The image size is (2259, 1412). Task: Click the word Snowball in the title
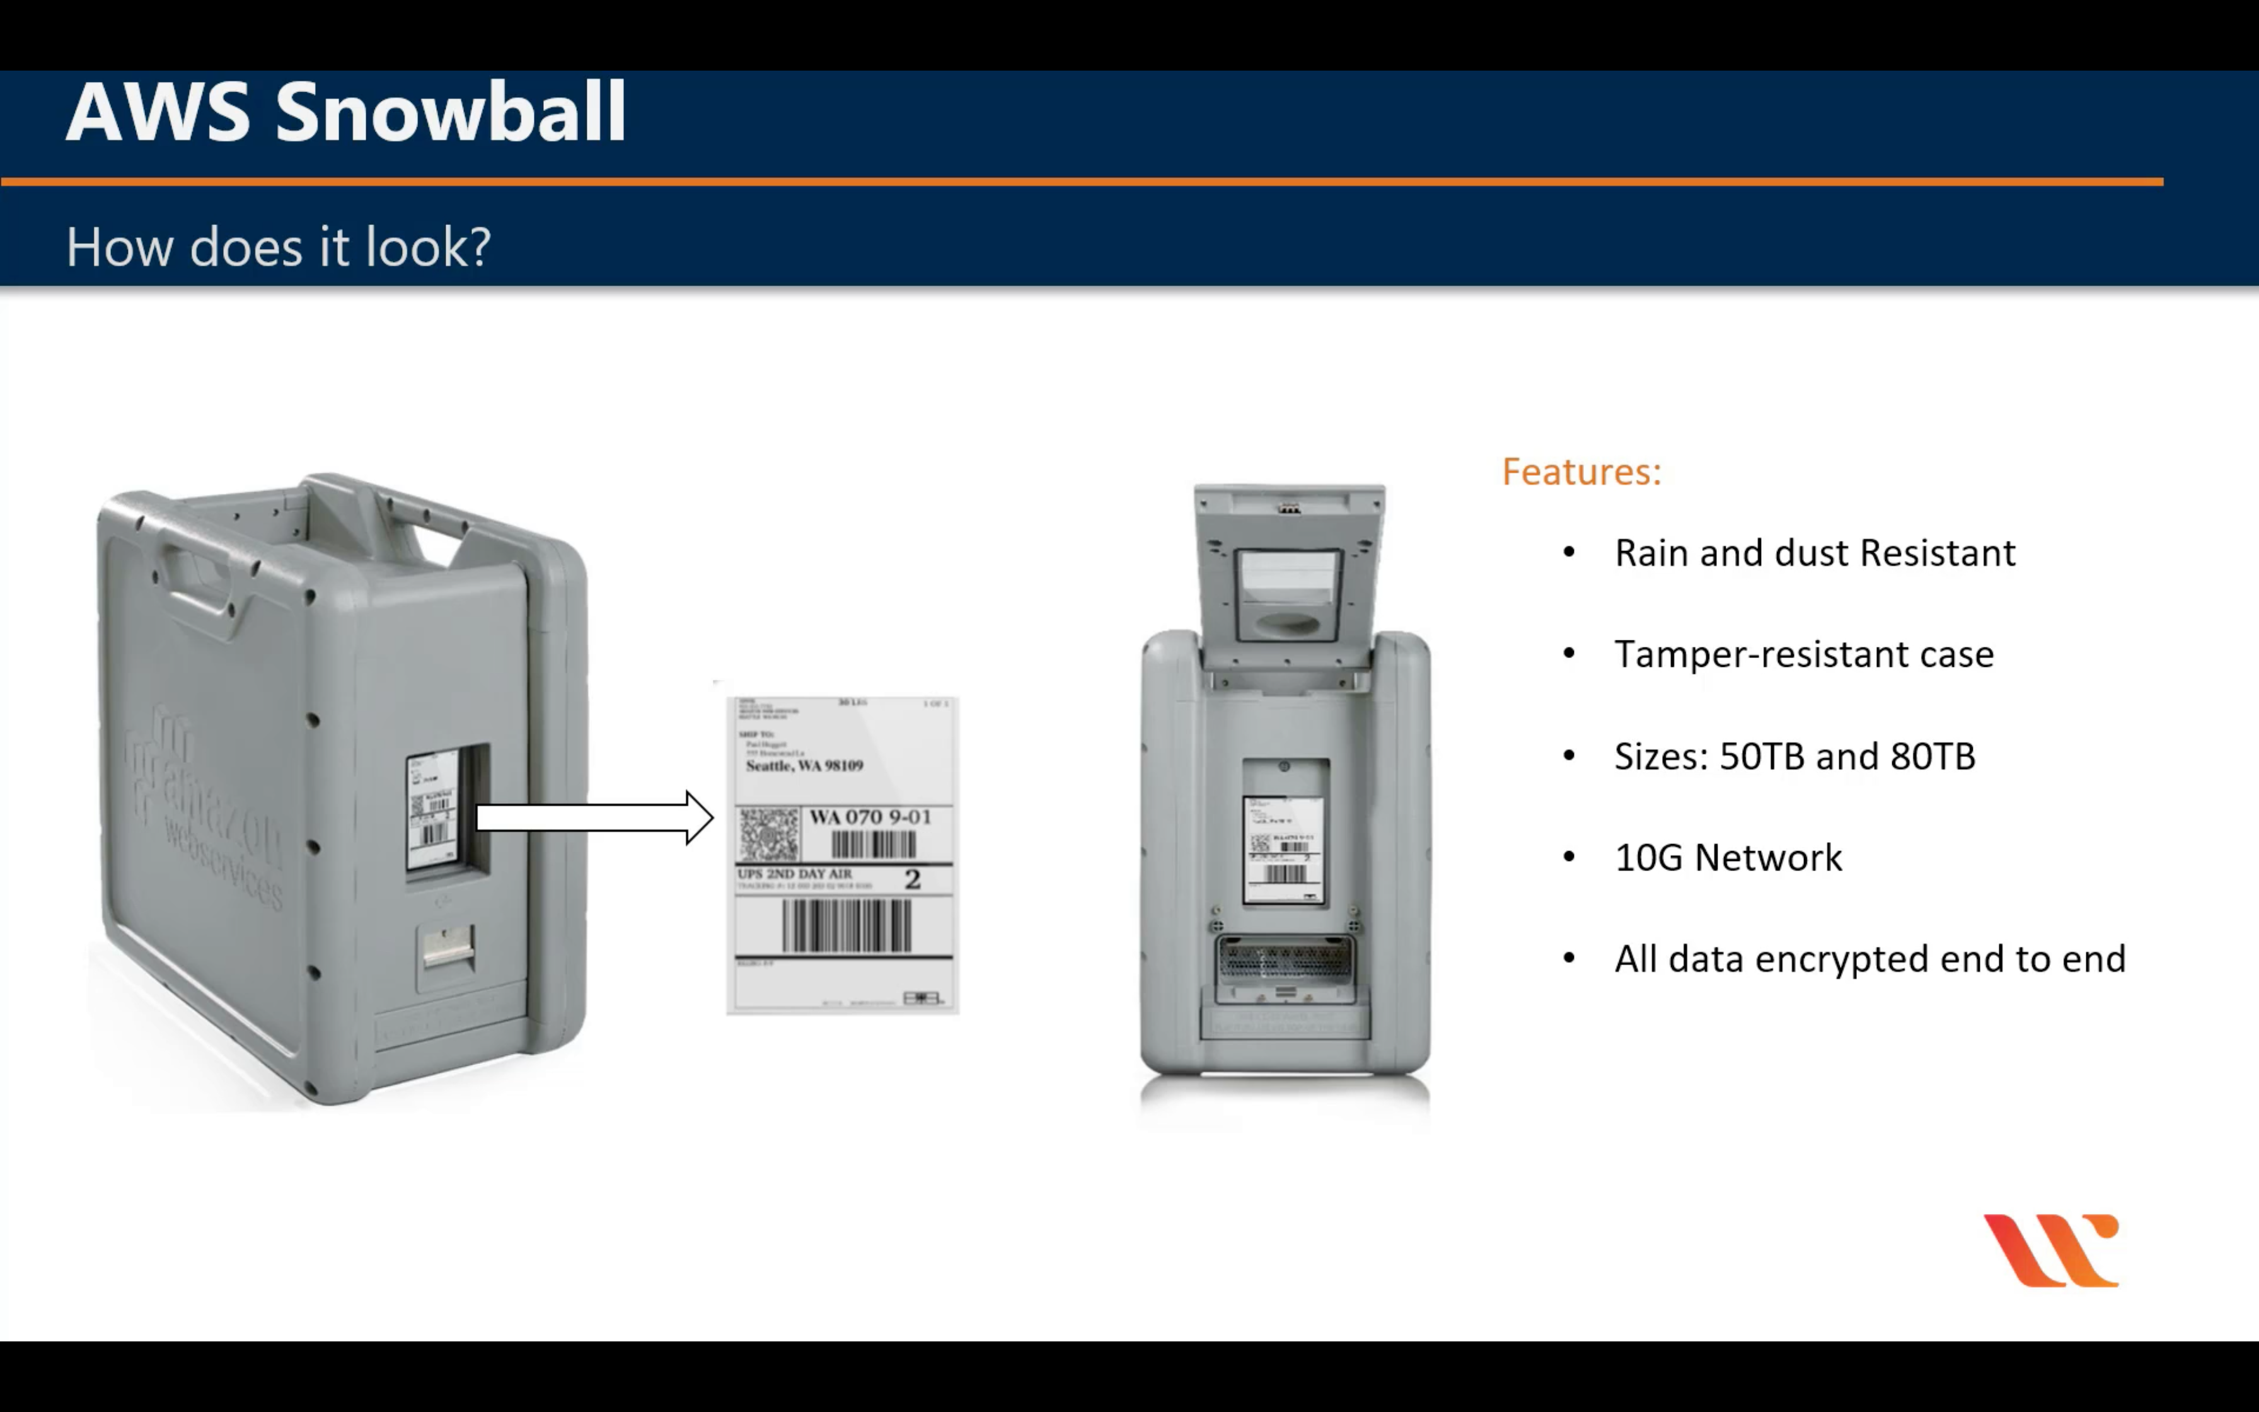coord(450,112)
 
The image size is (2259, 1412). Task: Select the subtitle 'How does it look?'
coord(278,248)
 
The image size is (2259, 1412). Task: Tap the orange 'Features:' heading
coord(1581,472)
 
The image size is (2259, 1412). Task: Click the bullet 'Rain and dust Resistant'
coord(1815,553)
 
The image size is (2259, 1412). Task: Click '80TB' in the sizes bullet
coord(1933,756)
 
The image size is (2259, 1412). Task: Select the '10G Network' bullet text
coord(1728,857)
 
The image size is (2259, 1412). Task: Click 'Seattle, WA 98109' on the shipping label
coord(804,766)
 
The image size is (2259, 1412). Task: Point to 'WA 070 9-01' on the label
coord(870,817)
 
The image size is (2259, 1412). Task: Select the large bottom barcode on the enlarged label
coord(846,925)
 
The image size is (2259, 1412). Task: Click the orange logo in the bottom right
coord(2051,1251)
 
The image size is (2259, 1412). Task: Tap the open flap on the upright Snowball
coord(1289,574)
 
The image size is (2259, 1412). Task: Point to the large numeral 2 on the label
coord(912,879)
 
